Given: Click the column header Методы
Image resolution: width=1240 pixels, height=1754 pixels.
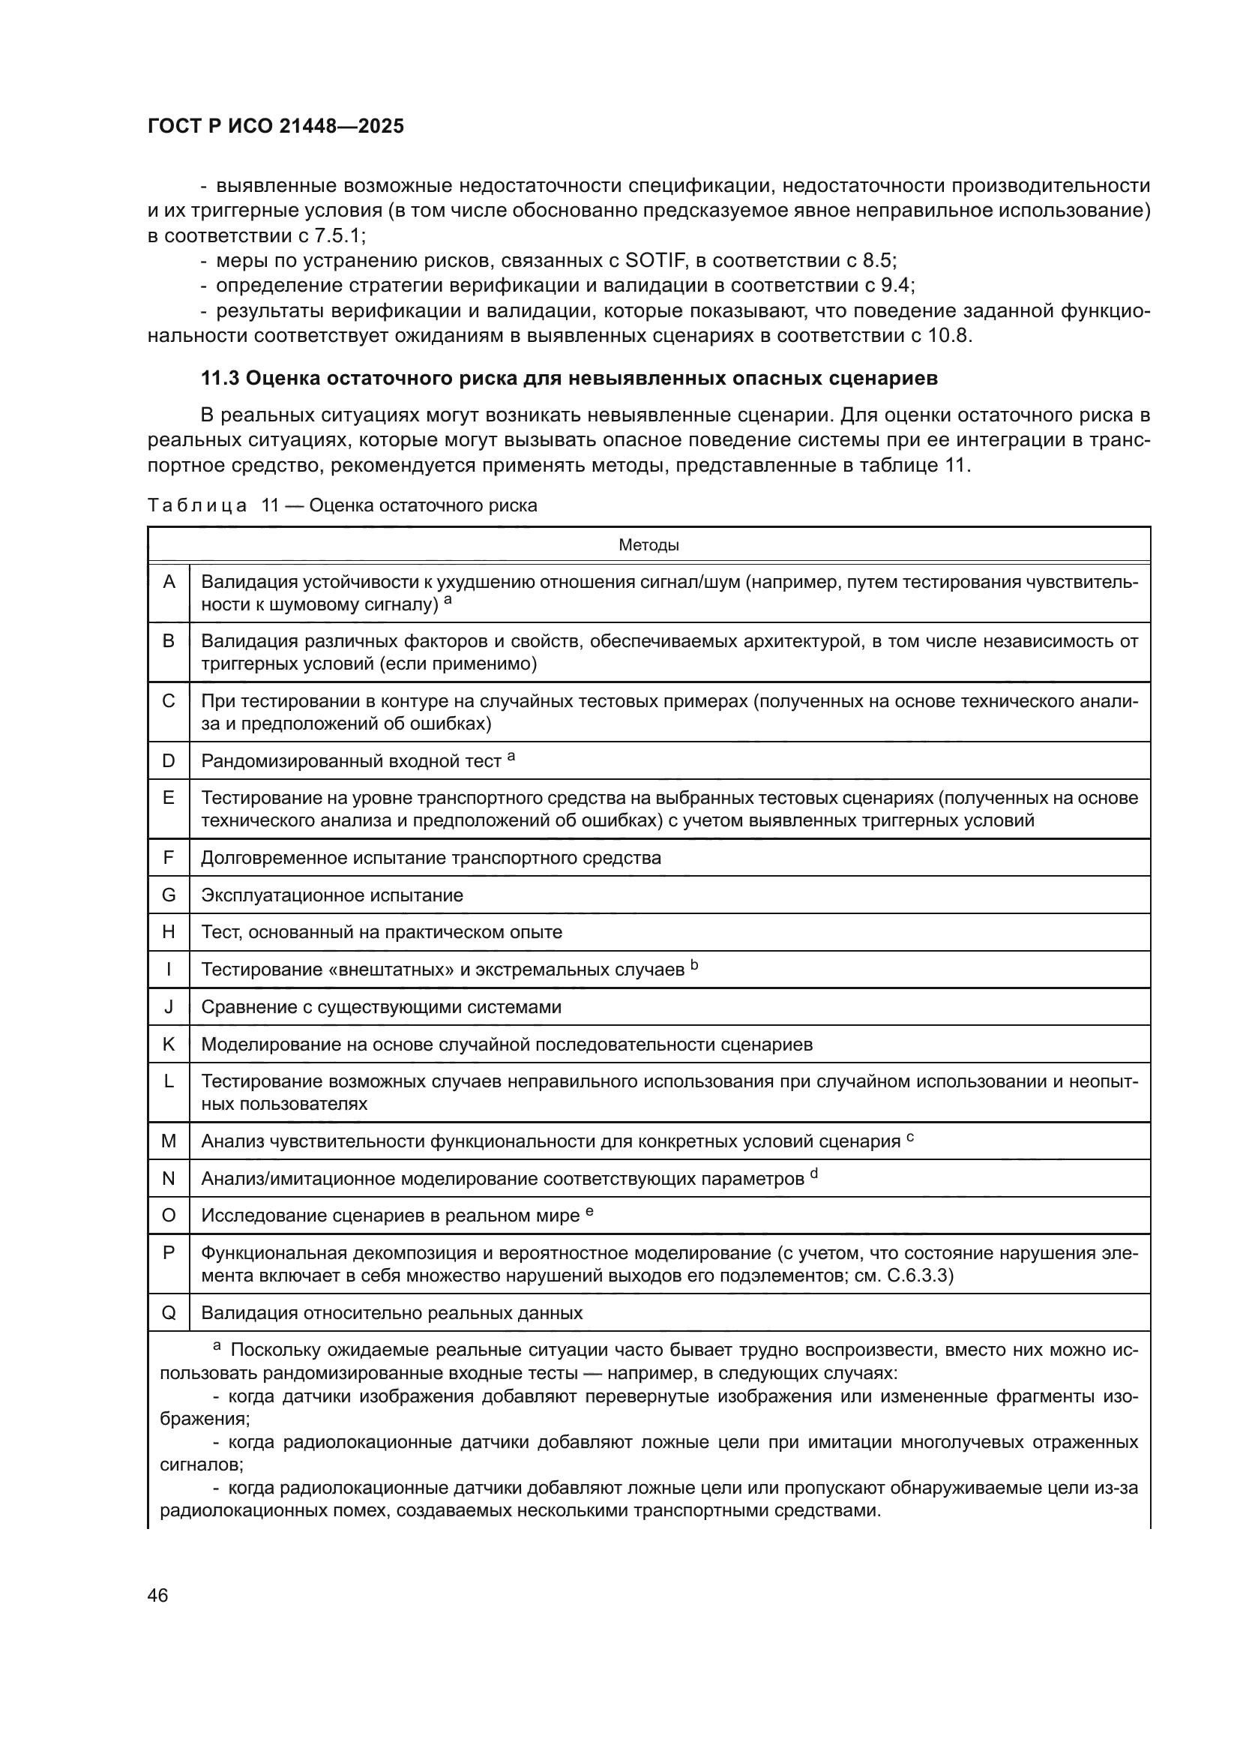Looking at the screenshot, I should pyautogui.click(x=648, y=545).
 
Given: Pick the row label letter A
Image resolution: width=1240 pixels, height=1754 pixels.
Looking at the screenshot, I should pyautogui.click(x=169, y=583).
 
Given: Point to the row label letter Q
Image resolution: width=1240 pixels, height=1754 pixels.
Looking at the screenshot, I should pyautogui.click(x=169, y=1313).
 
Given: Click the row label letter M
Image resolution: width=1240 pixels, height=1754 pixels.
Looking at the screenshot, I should pyautogui.click(x=169, y=1141).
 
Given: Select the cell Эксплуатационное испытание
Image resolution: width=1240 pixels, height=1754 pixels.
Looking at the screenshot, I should pyautogui.click(x=332, y=895).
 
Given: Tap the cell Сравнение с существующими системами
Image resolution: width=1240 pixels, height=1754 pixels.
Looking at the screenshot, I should pyautogui.click(x=381, y=1007).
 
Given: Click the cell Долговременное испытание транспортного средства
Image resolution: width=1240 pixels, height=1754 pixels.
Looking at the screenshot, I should pyautogui.click(x=430, y=858).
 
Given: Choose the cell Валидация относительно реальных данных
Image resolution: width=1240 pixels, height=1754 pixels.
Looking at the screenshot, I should pyautogui.click(x=391, y=1313).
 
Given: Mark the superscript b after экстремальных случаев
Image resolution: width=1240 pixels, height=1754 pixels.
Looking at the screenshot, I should pyautogui.click(x=694, y=965).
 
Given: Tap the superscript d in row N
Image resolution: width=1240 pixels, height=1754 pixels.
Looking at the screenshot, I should pyautogui.click(x=814, y=1174).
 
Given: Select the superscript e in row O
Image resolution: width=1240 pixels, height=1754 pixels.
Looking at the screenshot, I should pyautogui.click(x=589, y=1211).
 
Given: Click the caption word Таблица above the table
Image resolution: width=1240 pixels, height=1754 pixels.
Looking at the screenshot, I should pyautogui.click(x=197, y=505).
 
